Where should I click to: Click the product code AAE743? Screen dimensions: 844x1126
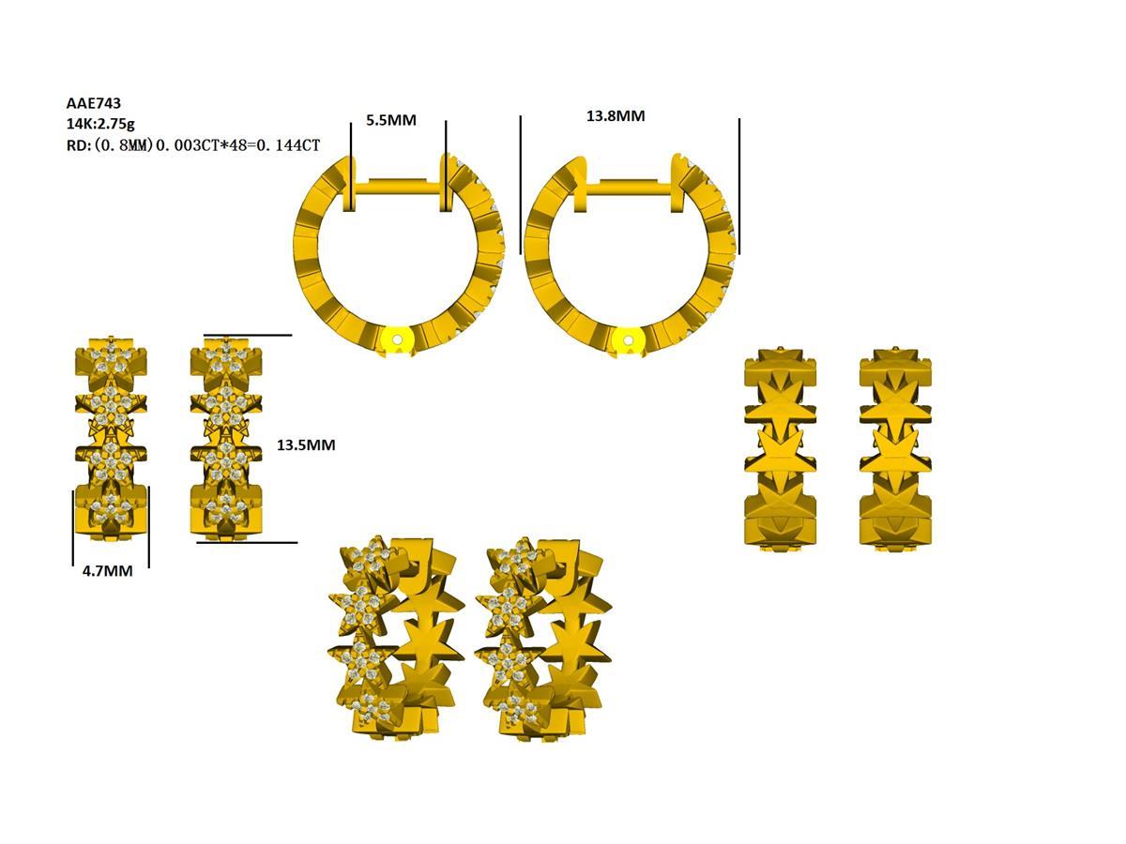click(x=94, y=104)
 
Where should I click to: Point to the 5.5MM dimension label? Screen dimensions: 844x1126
click(x=390, y=120)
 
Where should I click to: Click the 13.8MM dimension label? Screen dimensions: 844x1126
click(x=616, y=116)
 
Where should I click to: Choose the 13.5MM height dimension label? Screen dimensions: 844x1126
click(x=306, y=445)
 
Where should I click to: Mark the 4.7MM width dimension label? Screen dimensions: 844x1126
click(x=107, y=570)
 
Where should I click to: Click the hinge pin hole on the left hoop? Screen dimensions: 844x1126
click(x=398, y=339)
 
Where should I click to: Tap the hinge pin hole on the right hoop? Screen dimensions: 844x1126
click(x=628, y=339)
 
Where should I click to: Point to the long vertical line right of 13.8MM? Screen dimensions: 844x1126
click(x=739, y=186)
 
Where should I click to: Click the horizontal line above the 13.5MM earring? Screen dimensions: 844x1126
click(x=247, y=335)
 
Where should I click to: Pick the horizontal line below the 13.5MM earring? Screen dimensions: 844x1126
click(x=247, y=542)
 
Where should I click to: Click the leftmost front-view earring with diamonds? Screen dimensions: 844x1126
click(x=113, y=439)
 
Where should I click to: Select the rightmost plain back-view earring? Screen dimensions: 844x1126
click(x=896, y=450)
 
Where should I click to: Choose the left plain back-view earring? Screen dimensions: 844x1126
click(x=781, y=450)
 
